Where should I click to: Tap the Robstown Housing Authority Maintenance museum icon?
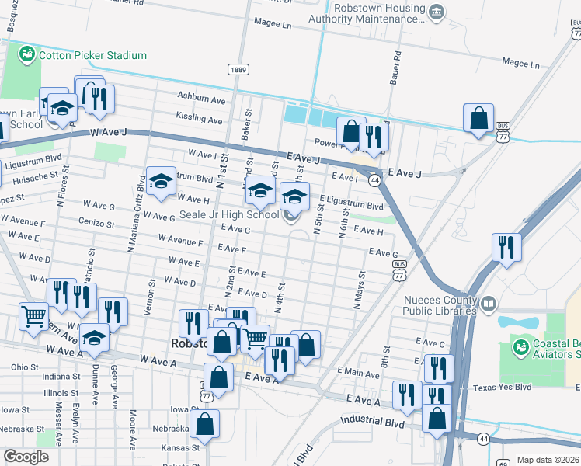tap(437, 11)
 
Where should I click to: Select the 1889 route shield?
tap(238, 70)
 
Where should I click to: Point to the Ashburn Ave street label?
tap(200, 100)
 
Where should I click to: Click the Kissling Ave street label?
tap(199, 119)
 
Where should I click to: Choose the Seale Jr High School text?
tap(229, 214)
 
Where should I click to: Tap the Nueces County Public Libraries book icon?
tap(489, 302)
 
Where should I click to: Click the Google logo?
tap(26, 457)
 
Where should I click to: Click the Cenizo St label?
tap(96, 223)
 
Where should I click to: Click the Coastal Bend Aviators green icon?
tap(519, 344)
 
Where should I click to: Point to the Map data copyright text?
tap(548, 460)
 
